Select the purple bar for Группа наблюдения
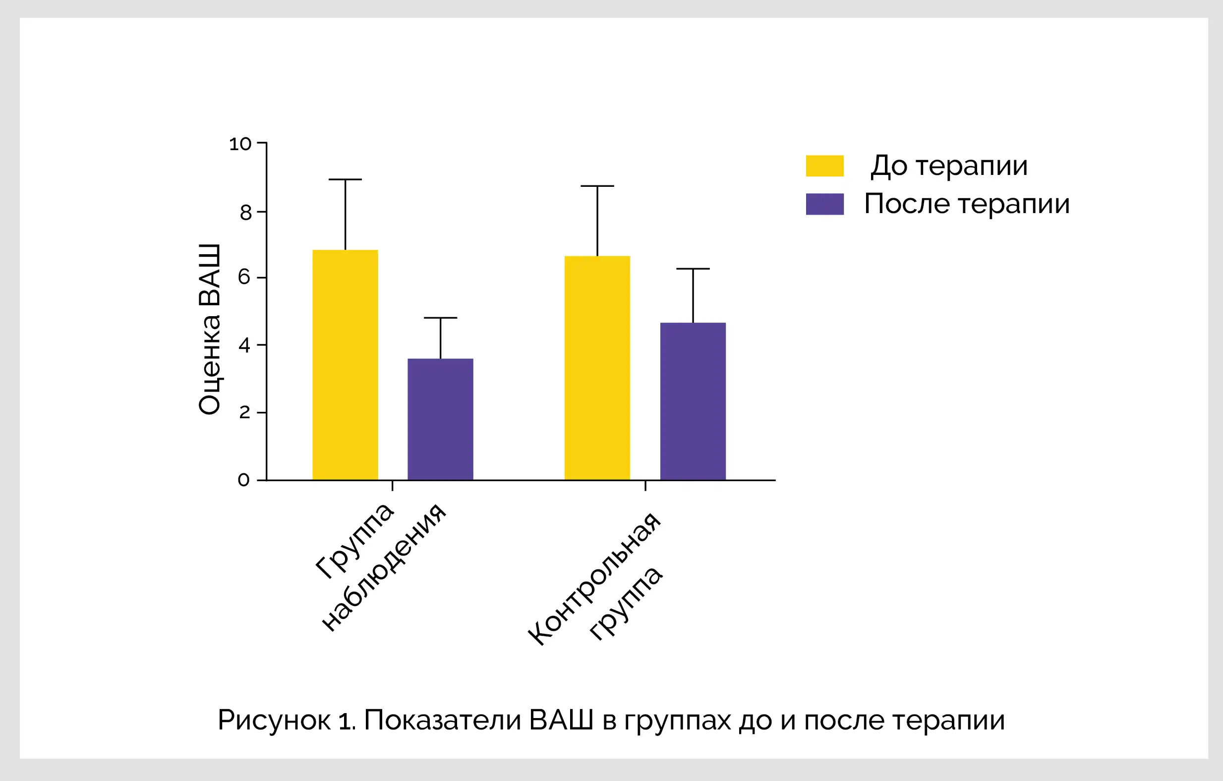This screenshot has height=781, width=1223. point(440,419)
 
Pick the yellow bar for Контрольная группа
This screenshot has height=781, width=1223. point(597,368)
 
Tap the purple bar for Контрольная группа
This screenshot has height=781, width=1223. point(693,401)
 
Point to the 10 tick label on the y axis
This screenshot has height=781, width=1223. point(240,144)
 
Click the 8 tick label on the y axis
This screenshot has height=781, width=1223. point(246,213)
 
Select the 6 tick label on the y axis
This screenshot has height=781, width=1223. point(244,277)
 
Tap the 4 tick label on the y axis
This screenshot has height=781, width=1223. point(244,345)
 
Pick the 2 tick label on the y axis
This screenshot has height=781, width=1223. point(245,412)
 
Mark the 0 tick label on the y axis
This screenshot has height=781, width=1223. point(244,480)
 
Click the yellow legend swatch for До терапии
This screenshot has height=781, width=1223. point(824,166)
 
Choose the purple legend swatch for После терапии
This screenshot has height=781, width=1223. point(824,204)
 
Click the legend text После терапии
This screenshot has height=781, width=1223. point(967,204)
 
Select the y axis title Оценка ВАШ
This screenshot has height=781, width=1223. point(209,329)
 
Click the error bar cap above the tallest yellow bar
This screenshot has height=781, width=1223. point(345,179)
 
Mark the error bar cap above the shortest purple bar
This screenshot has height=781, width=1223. point(440,318)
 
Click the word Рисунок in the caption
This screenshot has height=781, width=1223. point(274,720)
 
